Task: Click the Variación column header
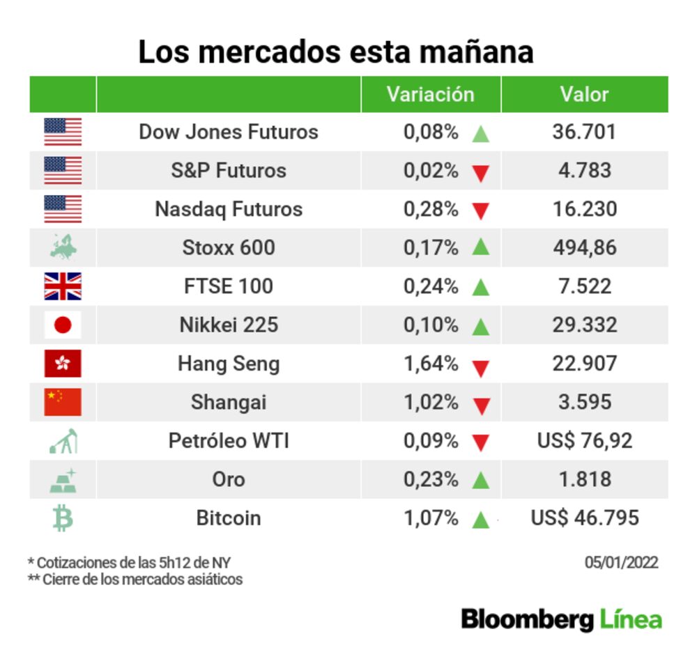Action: tap(430, 94)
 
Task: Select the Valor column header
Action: tap(584, 94)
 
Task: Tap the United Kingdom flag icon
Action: tap(63, 286)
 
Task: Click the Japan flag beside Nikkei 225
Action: tap(63, 325)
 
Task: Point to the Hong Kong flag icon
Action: tap(63, 364)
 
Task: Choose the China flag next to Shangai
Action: tap(63, 402)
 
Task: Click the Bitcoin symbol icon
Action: tap(63, 518)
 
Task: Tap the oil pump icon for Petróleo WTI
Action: tap(63, 441)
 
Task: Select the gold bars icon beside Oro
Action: tap(63, 480)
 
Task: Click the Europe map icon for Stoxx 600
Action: tap(63, 247)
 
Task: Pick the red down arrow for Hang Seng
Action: tap(480, 366)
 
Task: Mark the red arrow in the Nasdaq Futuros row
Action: tap(480, 211)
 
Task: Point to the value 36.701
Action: tap(584, 132)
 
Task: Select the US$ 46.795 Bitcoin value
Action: tap(584, 518)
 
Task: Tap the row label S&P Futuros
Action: tap(229, 171)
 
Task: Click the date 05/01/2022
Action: tap(621, 563)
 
